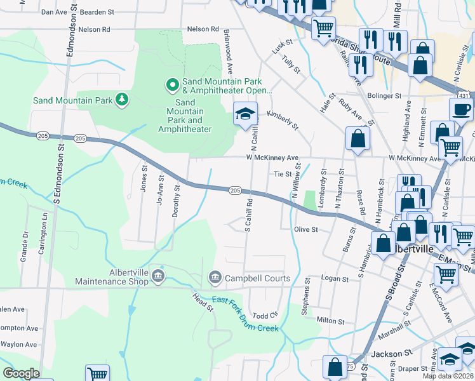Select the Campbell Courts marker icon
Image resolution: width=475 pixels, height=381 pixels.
pos(215,277)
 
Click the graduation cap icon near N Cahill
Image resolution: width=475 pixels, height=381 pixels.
pos(244,114)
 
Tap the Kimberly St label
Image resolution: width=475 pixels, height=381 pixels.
pos(283,119)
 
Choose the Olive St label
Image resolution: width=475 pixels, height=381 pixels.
pos(305,229)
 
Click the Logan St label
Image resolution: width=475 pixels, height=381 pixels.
pos(335,279)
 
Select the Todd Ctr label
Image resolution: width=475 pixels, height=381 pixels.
pos(265,316)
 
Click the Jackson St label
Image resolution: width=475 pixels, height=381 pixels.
pos(387,354)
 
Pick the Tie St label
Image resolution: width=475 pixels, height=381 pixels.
pos(282,173)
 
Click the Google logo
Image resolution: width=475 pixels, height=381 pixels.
pos(21,373)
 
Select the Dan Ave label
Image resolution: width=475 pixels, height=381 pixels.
pos(53,12)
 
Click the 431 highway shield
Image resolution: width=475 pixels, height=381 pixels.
pos(464,95)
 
